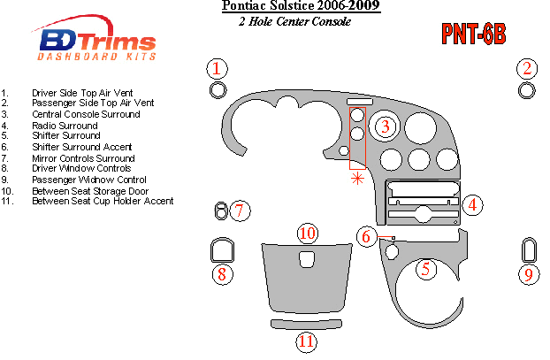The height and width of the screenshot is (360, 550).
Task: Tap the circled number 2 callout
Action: coord(527,69)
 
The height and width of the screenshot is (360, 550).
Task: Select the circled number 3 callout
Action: coord(385,127)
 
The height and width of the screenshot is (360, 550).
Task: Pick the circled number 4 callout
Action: coord(473,205)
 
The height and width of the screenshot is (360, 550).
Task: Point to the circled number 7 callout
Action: coord(241,210)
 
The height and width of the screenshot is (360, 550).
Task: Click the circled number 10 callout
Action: coord(307,234)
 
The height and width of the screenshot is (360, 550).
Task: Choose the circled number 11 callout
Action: coord(307,341)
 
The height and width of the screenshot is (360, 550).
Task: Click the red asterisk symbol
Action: coord(358,179)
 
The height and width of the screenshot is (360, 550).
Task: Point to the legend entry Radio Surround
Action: coord(65,126)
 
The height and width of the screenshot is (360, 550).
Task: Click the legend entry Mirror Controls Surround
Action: coord(82,157)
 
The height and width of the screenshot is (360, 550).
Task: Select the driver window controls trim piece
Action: coord(222,250)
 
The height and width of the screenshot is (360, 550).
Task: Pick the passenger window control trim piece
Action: coord(529,249)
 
